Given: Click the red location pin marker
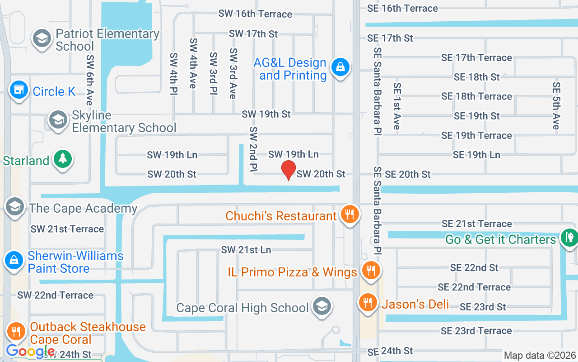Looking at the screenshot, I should [x=289, y=170].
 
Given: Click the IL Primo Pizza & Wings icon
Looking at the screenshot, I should [x=371, y=271].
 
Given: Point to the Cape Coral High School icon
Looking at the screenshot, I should [x=322, y=306].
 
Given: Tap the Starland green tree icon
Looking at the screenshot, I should [x=62, y=159].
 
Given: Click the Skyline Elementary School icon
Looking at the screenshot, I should [x=58, y=120].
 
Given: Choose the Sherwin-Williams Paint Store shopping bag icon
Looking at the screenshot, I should [x=14, y=260].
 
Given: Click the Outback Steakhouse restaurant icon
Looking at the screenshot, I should [x=16, y=331].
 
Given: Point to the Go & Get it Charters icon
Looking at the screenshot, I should [x=569, y=237].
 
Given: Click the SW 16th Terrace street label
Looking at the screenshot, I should [x=255, y=14].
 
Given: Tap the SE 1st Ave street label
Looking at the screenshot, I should [x=397, y=106].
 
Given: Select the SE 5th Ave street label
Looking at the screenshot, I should [x=556, y=106].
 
